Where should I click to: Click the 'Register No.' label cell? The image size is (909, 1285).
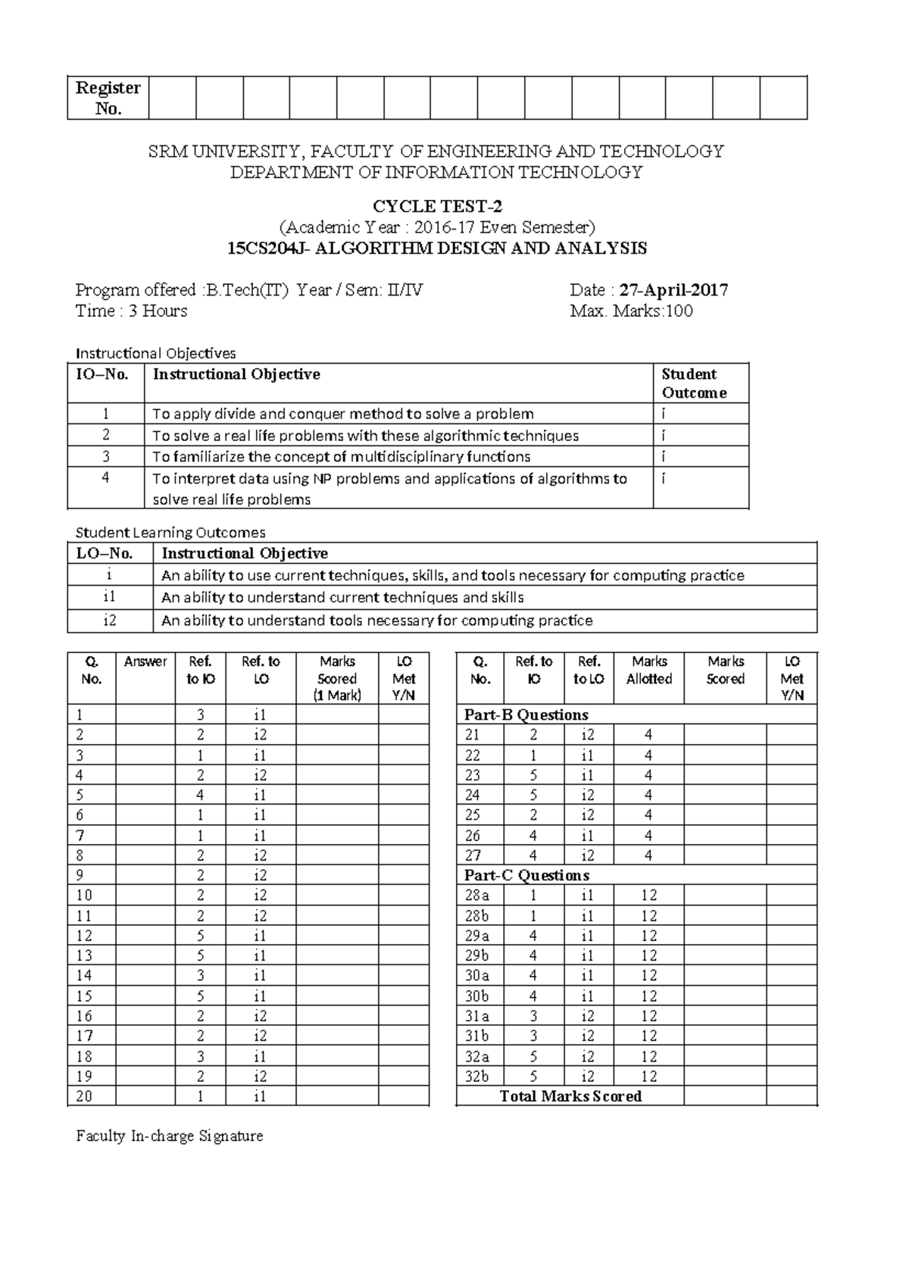pos(108,98)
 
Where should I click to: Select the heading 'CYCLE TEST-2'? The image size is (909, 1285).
pos(437,206)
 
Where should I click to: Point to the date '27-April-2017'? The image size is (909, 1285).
pos(673,289)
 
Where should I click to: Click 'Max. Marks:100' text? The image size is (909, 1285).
pos(631,311)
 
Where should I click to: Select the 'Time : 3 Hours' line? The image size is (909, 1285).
pos(131,311)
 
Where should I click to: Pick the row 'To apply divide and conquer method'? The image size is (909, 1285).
pos(342,414)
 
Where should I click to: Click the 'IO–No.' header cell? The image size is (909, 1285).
pos(102,374)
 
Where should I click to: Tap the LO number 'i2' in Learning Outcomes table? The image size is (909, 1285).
pos(110,621)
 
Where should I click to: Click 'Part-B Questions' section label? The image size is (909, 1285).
pos(526,714)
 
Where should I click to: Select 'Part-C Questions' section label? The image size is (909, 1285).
pos(526,875)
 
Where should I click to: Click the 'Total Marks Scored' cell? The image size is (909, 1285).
pos(570,1096)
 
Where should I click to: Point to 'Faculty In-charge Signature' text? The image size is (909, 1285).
pos(169,1136)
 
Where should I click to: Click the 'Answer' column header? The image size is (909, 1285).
pos(145,661)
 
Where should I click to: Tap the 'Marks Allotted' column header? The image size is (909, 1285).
pos(648,670)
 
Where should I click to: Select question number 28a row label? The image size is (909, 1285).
pos(477,895)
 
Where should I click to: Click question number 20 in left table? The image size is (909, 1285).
pos(84,1096)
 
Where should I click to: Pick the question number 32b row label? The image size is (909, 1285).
pos(477,1076)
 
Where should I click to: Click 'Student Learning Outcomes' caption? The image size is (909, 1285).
pos(170,532)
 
